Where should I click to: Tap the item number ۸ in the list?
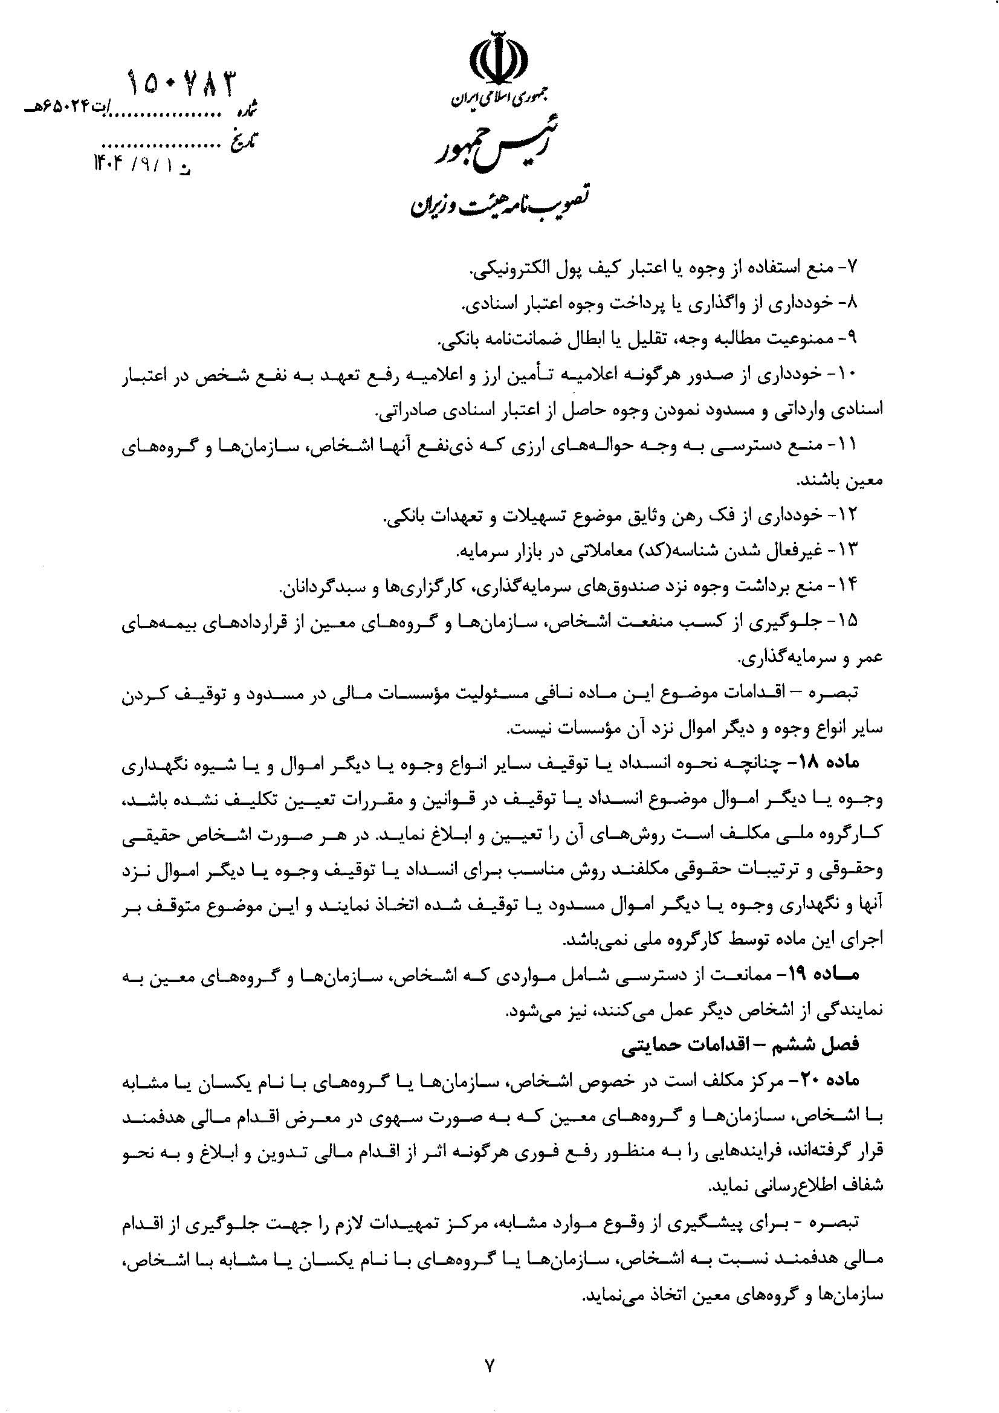[852, 303]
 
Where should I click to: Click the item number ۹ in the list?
[852, 337]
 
